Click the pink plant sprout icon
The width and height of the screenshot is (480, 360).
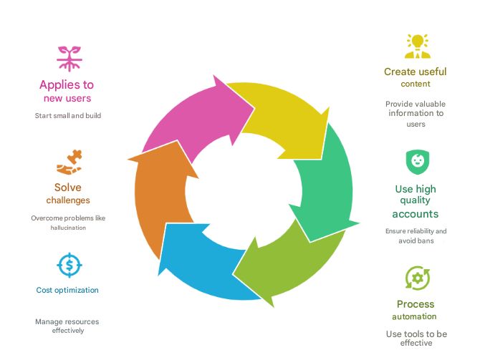tap(69, 59)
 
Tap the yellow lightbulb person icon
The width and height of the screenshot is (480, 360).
tap(417, 47)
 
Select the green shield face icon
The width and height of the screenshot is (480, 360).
tap(418, 162)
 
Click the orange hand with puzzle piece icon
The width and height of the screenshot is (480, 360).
tap(69, 162)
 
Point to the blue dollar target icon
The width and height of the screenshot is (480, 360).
tap(69, 266)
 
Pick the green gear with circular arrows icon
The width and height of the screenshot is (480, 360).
tap(418, 278)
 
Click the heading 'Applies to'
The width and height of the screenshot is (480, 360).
tap(67, 84)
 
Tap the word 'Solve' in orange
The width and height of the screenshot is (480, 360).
tap(68, 188)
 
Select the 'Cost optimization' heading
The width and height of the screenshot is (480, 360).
tap(67, 290)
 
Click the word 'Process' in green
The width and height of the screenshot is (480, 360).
tap(416, 304)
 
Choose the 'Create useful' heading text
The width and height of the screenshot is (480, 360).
tap(416, 72)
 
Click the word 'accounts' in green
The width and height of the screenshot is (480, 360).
tap(416, 214)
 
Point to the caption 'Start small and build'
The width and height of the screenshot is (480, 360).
tap(68, 116)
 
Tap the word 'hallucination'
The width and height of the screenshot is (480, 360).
tap(68, 228)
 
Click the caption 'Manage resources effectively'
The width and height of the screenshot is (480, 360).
tap(67, 326)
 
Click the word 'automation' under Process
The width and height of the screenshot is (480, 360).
tap(415, 316)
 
